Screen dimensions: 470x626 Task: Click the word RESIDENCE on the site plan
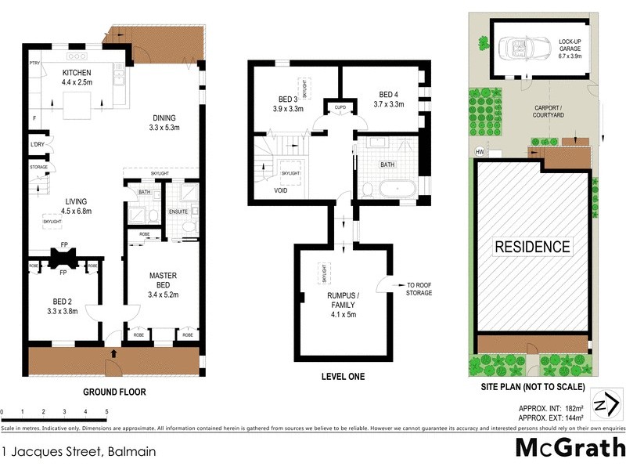(532, 248)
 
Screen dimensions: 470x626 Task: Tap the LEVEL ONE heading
(343, 377)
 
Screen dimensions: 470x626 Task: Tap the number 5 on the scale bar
(106, 411)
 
